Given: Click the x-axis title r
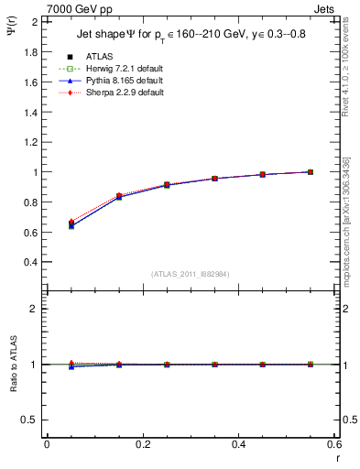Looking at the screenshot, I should pyautogui.click(x=335, y=459).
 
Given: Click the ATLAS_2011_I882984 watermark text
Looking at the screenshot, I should pyautogui.click(x=191, y=274).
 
